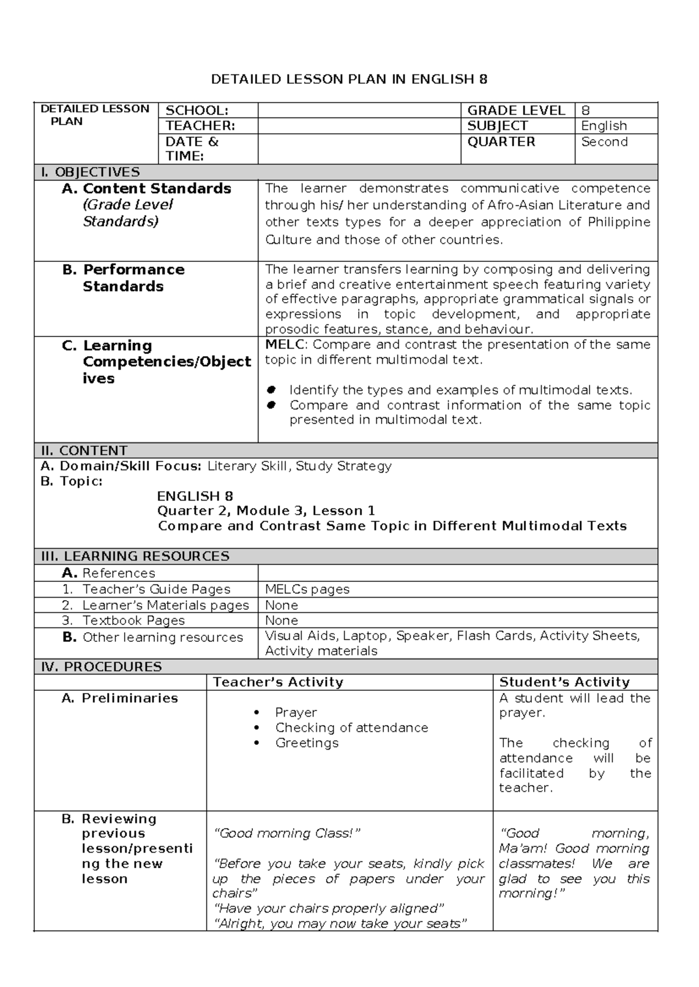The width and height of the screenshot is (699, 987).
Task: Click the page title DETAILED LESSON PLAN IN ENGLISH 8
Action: (x=349, y=79)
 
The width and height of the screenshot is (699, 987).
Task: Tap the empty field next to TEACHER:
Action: (x=359, y=126)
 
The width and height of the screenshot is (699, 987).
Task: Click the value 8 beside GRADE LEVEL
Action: (x=585, y=111)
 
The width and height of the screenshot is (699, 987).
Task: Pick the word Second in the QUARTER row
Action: (x=604, y=142)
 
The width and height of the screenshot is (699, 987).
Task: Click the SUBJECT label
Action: (x=497, y=126)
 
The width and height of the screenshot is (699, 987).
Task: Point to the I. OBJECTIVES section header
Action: (x=90, y=172)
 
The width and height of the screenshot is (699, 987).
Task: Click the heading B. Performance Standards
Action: (x=123, y=278)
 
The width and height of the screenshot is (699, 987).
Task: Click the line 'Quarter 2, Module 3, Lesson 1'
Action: (x=266, y=511)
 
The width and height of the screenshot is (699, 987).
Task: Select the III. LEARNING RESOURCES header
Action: (x=135, y=556)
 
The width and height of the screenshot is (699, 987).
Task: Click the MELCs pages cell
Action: (x=307, y=590)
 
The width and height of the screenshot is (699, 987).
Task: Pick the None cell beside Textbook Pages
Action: (x=281, y=620)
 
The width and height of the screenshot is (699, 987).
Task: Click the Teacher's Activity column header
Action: (x=278, y=682)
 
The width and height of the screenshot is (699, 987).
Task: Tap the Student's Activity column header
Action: (x=564, y=682)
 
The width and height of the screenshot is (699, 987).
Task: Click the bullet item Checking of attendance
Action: (x=351, y=728)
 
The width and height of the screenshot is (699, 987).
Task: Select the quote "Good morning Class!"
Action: (x=288, y=833)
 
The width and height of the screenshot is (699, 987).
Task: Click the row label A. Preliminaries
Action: (x=120, y=698)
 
